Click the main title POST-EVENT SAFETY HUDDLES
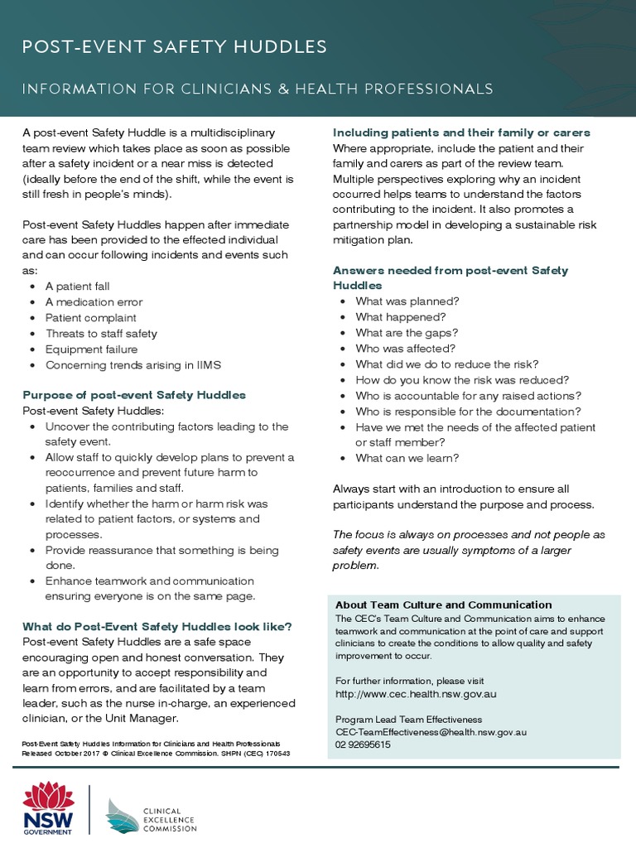[x=174, y=46]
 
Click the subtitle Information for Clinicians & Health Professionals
[x=258, y=89]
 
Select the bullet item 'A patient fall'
[x=77, y=287]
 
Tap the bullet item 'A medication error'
[x=94, y=302]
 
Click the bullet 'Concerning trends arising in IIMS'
[x=132, y=365]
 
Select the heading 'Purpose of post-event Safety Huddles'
[x=134, y=395]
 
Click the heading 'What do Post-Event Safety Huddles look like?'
[x=157, y=626]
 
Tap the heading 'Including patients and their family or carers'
[x=461, y=132]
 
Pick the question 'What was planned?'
[x=407, y=301]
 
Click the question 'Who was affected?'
[x=406, y=349]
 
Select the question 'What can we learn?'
[x=407, y=458]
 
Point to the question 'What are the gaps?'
[x=405, y=333]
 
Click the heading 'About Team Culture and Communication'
[x=443, y=605]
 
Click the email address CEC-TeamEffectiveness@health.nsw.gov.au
[x=431, y=732]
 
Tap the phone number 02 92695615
[x=363, y=744]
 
